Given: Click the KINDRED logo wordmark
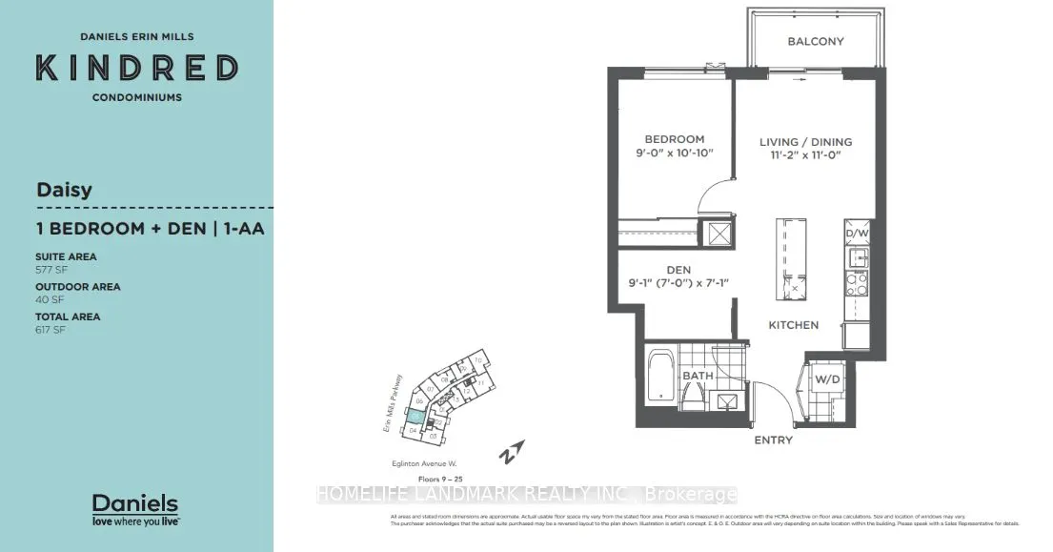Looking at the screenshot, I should tap(136, 68).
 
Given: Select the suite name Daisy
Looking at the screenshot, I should tap(64, 189).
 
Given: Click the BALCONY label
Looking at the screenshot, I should tap(815, 42).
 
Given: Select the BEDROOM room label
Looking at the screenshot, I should tap(673, 139).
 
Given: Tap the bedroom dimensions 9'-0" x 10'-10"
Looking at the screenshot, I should tap(673, 153).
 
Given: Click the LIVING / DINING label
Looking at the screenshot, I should tap(805, 142).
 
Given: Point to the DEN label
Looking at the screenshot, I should tap(678, 270).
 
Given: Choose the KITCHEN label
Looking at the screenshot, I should tap(794, 325).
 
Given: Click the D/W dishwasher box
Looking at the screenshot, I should tap(855, 233).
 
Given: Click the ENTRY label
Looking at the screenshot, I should tap(772, 440).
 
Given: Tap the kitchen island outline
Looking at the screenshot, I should tap(789, 256).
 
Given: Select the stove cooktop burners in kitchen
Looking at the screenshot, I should tap(856, 283).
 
